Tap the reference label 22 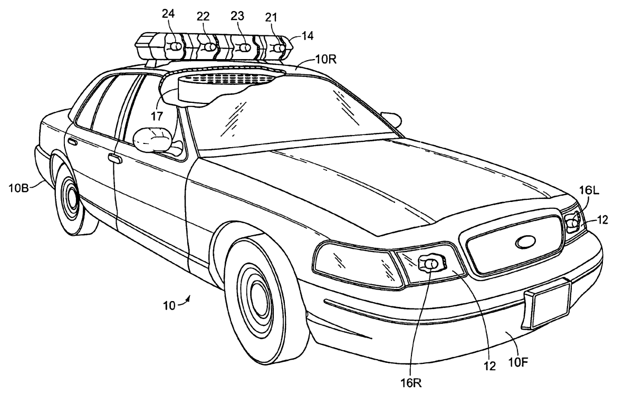204,16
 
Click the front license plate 550,304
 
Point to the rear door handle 72,142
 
